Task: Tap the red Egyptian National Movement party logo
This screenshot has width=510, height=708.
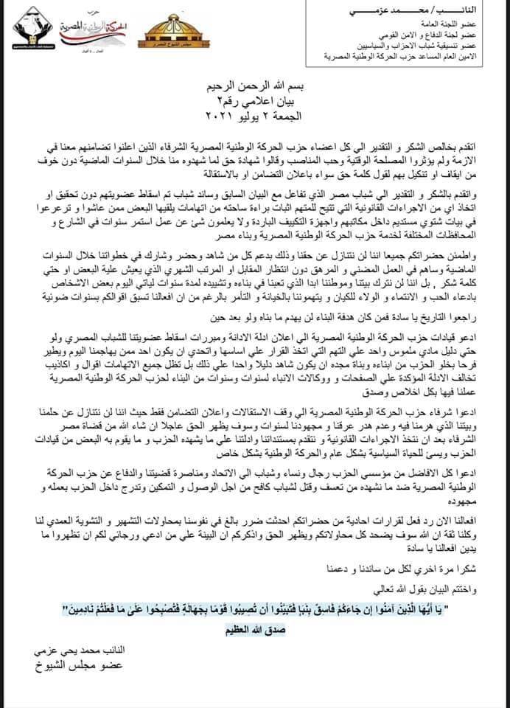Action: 102,29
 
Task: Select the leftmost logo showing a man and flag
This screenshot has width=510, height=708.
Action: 29,29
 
